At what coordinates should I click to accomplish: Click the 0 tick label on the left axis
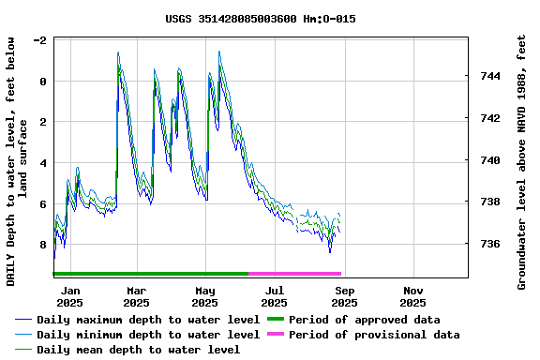tap(43, 82)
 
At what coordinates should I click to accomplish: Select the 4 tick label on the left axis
tap(43, 163)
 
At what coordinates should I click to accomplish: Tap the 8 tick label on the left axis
tap(43, 245)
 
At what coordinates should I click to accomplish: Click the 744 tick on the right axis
tap(487, 76)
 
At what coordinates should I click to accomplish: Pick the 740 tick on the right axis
tap(487, 160)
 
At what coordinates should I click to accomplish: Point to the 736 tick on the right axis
tap(487, 244)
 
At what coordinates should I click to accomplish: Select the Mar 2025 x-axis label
tap(136, 296)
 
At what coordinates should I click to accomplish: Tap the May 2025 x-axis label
tap(205, 296)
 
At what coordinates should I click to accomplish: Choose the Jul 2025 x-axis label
tap(275, 296)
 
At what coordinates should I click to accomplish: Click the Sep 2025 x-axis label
tap(344, 296)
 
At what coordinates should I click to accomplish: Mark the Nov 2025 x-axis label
tap(413, 296)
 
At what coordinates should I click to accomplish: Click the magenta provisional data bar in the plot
tap(295, 274)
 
